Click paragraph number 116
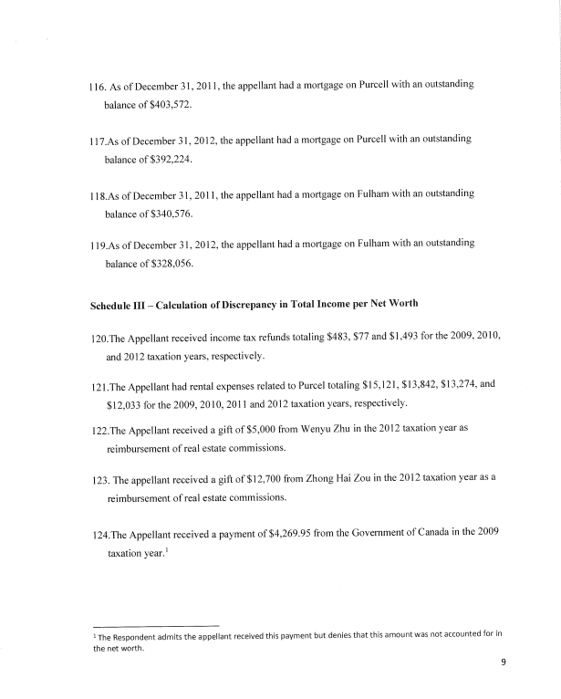(90, 84)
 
